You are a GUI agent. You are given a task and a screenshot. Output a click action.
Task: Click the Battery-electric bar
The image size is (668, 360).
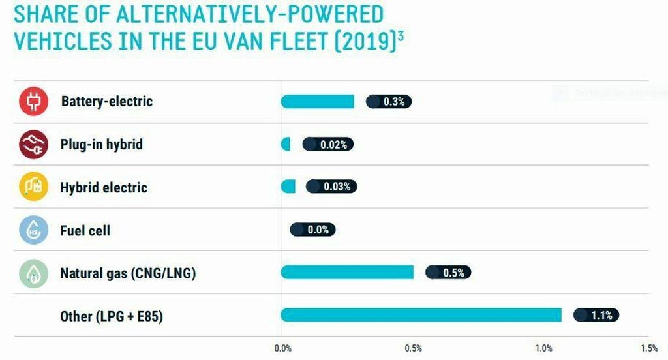tap(317, 101)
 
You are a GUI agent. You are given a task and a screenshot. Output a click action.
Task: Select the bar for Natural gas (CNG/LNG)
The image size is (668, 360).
tap(347, 272)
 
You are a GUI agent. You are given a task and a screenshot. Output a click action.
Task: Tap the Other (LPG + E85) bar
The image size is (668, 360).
tap(421, 315)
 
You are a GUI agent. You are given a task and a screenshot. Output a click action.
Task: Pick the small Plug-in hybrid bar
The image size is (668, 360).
tap(286, 144)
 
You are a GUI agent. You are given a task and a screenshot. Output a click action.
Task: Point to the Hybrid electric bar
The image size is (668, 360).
tap(288, 187)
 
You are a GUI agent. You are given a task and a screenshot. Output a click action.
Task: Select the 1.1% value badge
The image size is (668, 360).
tap(596, 315)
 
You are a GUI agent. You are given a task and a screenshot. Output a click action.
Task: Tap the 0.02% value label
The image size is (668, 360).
tap(327, 144)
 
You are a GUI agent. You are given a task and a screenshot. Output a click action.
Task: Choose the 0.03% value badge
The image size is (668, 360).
tap(331, 187)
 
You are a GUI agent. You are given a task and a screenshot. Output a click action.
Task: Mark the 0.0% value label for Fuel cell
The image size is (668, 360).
tap(312, 230)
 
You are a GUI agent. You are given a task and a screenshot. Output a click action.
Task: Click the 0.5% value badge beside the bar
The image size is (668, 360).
tap(448, 273)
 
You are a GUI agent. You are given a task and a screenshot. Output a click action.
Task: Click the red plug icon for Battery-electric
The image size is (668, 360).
tap(34, 102)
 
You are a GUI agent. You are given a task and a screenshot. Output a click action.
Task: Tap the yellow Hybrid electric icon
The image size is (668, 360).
tap(34, 187)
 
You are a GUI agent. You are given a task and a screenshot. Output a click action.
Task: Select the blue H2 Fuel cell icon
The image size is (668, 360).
tap(34, 230)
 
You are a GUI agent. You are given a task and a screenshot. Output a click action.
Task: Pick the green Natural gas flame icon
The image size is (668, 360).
tap(34, 273)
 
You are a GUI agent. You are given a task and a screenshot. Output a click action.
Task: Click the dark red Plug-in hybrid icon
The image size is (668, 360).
tap(34, 144)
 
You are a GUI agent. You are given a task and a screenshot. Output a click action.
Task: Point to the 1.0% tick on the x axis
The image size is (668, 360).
tap(544, 348)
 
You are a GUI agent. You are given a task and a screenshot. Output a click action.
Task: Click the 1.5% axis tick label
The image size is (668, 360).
tap(648, 348)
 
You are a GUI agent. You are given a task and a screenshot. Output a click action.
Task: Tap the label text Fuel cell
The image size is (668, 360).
tap(85, 230)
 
